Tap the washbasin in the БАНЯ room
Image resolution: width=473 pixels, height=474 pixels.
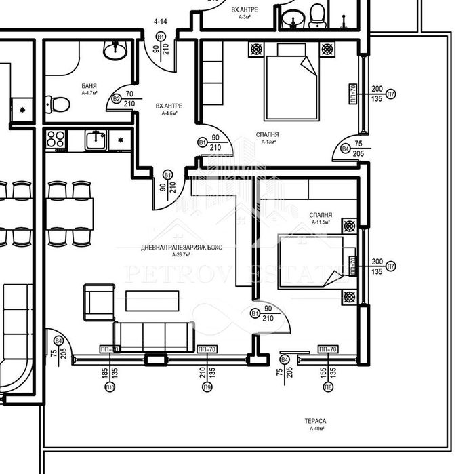[x=115, y=50]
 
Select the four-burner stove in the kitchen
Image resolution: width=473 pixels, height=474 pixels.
[x=56, y=140]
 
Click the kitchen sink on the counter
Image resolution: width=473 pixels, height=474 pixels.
[x=95, y=140]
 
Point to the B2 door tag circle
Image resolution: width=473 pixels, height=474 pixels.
[x=117, y=99]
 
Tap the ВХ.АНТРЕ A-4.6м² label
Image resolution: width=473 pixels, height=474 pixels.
[x=169, y=110]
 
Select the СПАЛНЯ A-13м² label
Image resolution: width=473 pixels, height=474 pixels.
[x=267, y=138]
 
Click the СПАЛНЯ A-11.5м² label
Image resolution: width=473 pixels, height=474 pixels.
[x=320, y=218]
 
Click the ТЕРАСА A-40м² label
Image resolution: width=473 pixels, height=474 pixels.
[x=317, y=424]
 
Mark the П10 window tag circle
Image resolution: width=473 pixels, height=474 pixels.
[x=109, y=387]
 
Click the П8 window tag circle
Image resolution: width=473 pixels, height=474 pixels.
[x=328, y=387]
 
